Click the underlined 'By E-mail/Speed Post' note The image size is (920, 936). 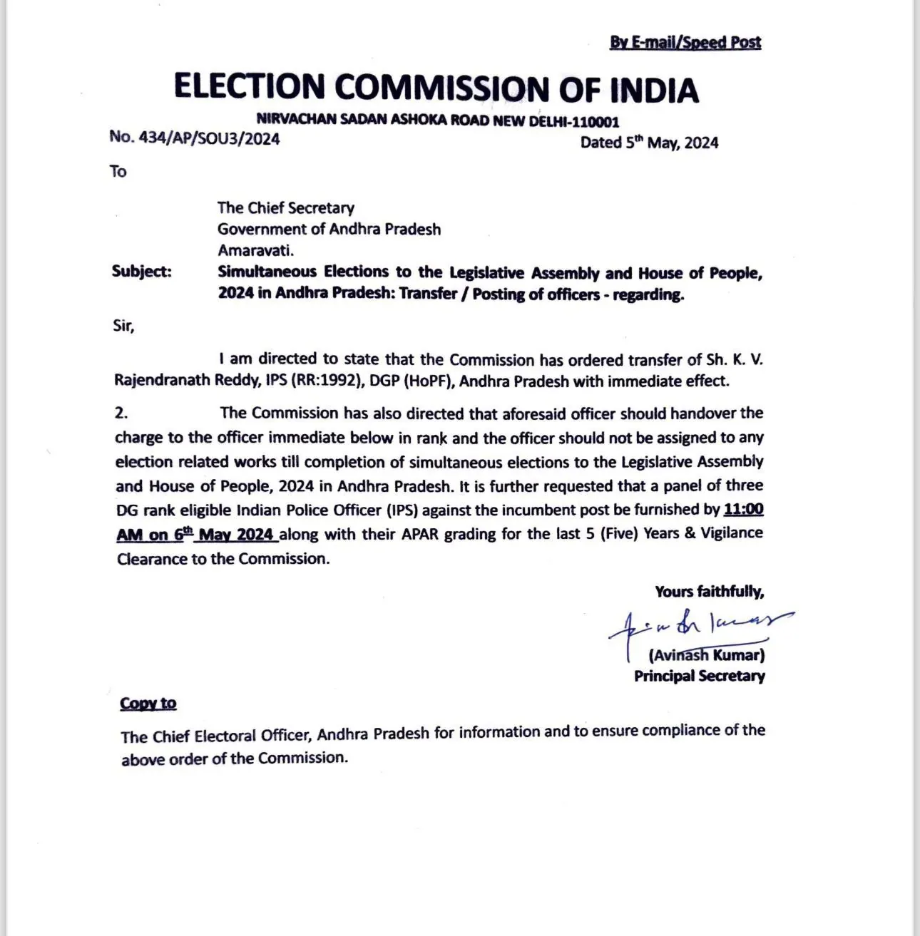pyautogui.click(x=685, y=42)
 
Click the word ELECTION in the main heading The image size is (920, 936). pyautogui.click(x=249, y=87)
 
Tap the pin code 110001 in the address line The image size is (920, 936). pyautogui.click(x=590, y=121)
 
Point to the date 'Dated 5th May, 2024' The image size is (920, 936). pyautogui.click(x=649, y=143)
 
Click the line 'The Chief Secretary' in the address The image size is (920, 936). pyautogui.click(x=285, y=208)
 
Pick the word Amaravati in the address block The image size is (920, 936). pyautogui.click(x=255, y=250)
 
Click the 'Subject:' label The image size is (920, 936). pyautogui.click(x=142, y=272)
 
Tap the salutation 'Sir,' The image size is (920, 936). pyautogui.click(x=123, y=326)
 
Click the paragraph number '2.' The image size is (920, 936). pyautogui.click(x=121, y=413)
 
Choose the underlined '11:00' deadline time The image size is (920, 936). pyautogui.click(x=743, y=510)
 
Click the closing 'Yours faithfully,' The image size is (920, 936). pyautogui.click(x=710, y=592)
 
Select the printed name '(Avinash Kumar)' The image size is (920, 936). pyautogui.click(x=707, y=654)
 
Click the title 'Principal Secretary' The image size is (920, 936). pyautogui.click(x=699, y=676)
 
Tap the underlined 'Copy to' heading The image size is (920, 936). pyautogui.click(x=148, y=704)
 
